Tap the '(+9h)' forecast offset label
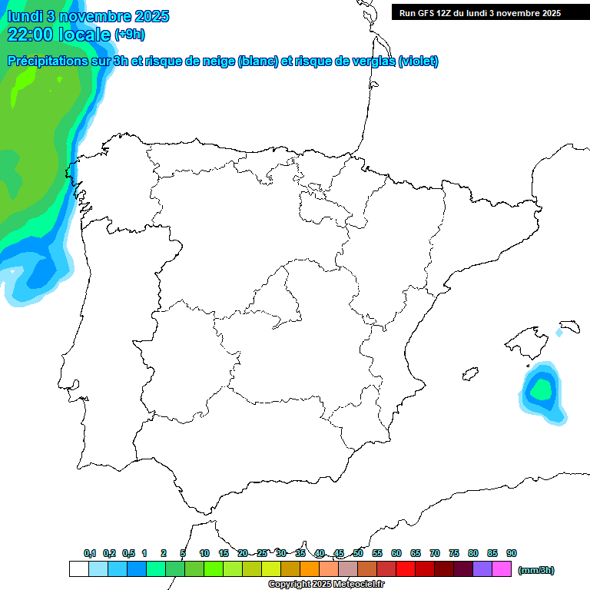pos(130,35)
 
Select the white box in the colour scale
pos(78,569)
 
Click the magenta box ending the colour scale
pos(502,569)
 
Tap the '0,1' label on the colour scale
pos(90,553)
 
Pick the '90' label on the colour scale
pos(512,553)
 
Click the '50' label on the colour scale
pos(358,553)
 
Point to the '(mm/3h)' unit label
pos(536,570)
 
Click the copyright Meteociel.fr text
pos(326,585)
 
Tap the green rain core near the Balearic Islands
pos(541,390)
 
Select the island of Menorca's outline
pos(569,326)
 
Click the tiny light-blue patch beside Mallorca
pos(559,333)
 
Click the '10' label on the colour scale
pos(204,553)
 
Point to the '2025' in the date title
pos(152,16)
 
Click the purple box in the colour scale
pos(482,569)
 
